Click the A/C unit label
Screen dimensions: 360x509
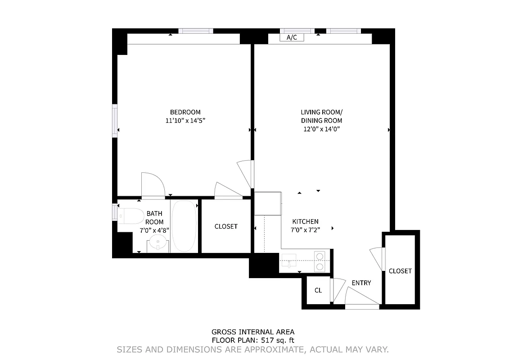click(x=292, y=37)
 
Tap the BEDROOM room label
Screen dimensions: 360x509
click(x=185, y=112)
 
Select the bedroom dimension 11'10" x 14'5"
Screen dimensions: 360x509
click(x=185, y=121)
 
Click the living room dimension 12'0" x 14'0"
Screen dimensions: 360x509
click(x=321, y=129)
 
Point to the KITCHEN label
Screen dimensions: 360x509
click(x=305, y=221)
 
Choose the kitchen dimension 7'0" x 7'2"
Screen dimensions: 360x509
click(x=305, y=229)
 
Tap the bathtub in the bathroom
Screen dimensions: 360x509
click(x=184, y=226)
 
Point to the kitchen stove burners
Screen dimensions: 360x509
click(x=320, y=261)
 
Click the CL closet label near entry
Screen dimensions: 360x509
click(x=318, y=290)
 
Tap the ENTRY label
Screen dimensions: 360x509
click(x=361, y=283)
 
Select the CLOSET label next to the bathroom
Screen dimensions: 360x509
click(x=225, y=226)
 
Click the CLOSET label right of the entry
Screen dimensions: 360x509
click(x=400, y=271)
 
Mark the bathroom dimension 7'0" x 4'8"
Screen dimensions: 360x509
click(x=154, y=230)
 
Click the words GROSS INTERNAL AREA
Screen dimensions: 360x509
click(x=253, y=333)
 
